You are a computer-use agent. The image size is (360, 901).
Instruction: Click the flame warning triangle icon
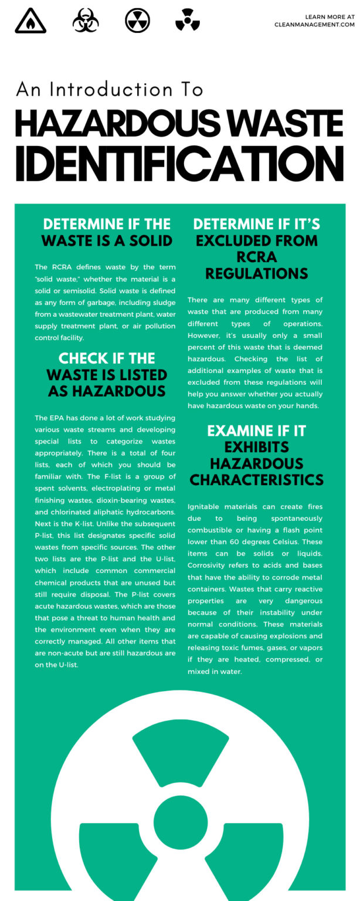30,21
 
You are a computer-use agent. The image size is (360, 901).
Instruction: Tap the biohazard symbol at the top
86,21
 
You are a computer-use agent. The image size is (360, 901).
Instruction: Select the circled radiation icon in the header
137,21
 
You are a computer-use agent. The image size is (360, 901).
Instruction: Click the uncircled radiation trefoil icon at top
188,21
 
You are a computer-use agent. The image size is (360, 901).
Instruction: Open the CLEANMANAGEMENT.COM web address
314,25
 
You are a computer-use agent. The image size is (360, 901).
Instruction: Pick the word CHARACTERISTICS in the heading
256,480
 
